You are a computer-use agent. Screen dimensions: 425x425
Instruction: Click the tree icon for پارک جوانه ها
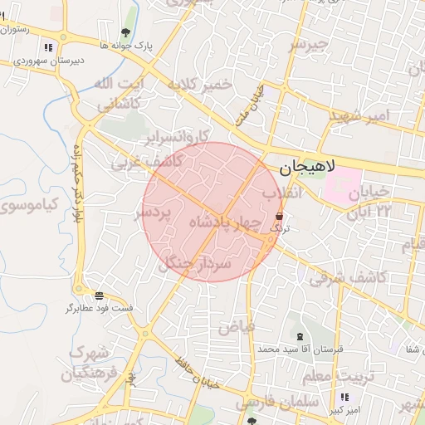(125, 33)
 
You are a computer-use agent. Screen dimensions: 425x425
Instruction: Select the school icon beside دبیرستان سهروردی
(51, 46)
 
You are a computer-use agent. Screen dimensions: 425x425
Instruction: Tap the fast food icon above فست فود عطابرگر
(99, 296)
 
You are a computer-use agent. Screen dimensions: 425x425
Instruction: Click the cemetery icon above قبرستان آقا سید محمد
(299, 336)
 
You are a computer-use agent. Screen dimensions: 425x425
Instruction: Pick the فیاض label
(236, 327)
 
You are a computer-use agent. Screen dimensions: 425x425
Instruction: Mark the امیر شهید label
(358, 115)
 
